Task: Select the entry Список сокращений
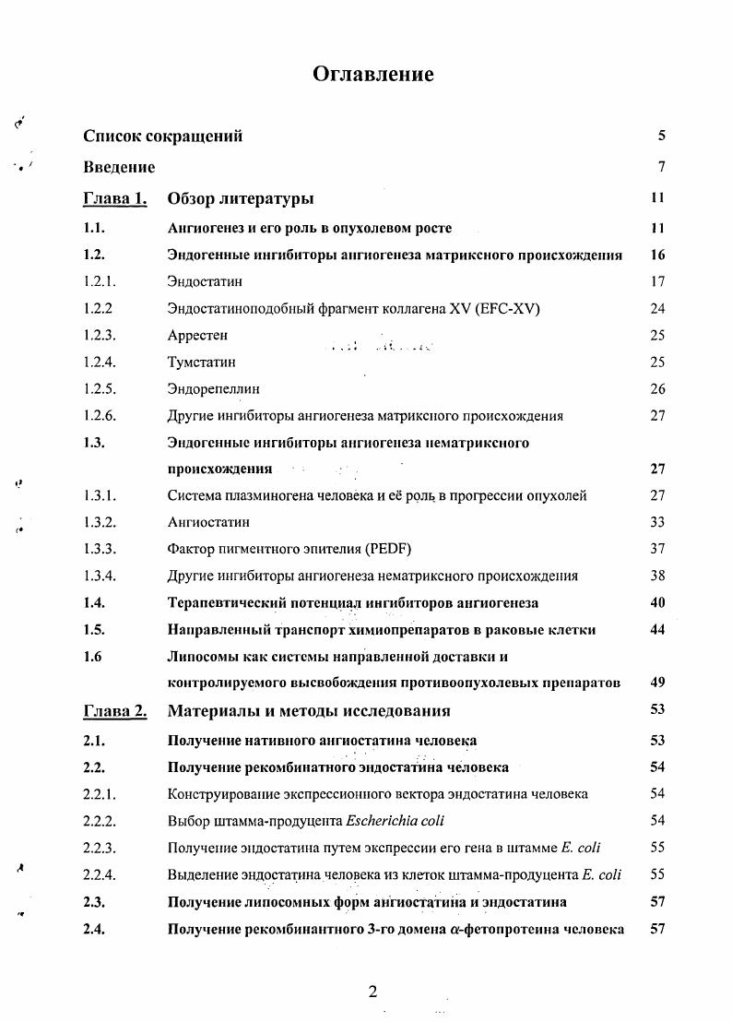pos(163,137)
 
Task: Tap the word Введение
pos(119,168)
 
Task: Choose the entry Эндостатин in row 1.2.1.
pos(205,282)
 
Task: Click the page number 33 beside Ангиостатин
pos(656,522)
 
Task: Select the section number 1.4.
pos(94,602)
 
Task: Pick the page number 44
pos(656,630)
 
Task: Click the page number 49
pos(656,683)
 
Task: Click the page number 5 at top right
pos(661,137)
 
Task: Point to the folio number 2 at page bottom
pos(372,992)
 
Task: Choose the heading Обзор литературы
pos(241,198)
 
